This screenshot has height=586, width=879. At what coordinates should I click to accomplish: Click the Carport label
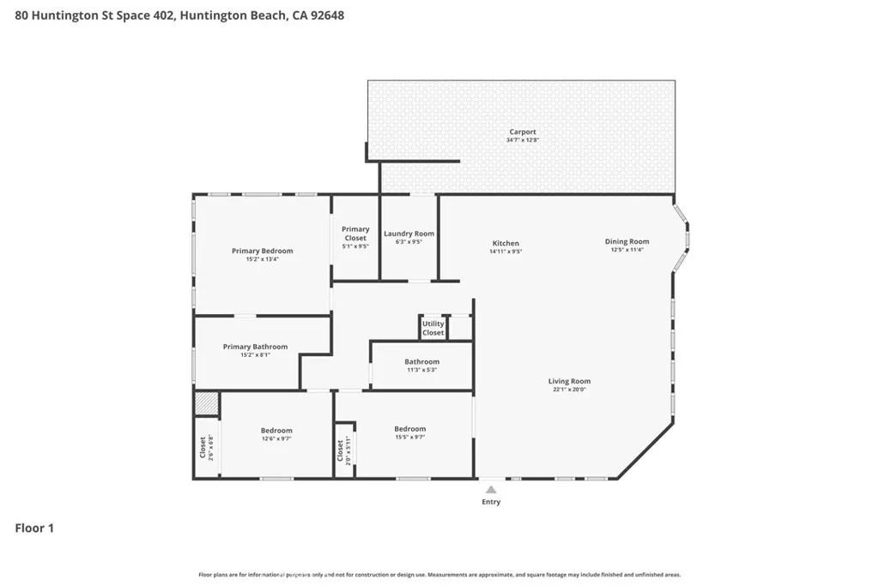point(522,132)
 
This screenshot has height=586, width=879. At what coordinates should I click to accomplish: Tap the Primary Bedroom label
point(262,251)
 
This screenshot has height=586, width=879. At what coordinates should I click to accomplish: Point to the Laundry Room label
point(409,233)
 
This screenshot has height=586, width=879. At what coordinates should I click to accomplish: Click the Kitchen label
point(505,244)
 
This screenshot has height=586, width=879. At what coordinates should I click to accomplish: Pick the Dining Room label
point(627,242)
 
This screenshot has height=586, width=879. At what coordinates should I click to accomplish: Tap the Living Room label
point(569,381)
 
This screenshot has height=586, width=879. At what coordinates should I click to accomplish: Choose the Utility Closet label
point(433,328)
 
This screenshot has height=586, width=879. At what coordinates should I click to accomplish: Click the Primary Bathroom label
point(255,347)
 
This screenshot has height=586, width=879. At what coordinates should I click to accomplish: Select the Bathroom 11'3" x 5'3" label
point(421,362)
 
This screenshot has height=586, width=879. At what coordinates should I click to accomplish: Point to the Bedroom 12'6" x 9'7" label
point(276,431)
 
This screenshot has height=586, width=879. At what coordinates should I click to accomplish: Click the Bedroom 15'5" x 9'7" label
point(409,429)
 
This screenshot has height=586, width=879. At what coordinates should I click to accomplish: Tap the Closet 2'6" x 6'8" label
point(203,446)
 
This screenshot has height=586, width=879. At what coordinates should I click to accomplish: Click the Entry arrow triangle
point(491,490)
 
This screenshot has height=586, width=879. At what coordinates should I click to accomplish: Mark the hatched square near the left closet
point(206,404)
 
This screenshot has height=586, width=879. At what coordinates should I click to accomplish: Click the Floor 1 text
point(34,529)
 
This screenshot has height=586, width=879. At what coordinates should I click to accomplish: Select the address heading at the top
point(180,15)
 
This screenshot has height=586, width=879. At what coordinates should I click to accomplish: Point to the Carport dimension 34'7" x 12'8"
point(522,140)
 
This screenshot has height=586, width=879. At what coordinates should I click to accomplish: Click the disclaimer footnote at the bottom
point(439,575)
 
